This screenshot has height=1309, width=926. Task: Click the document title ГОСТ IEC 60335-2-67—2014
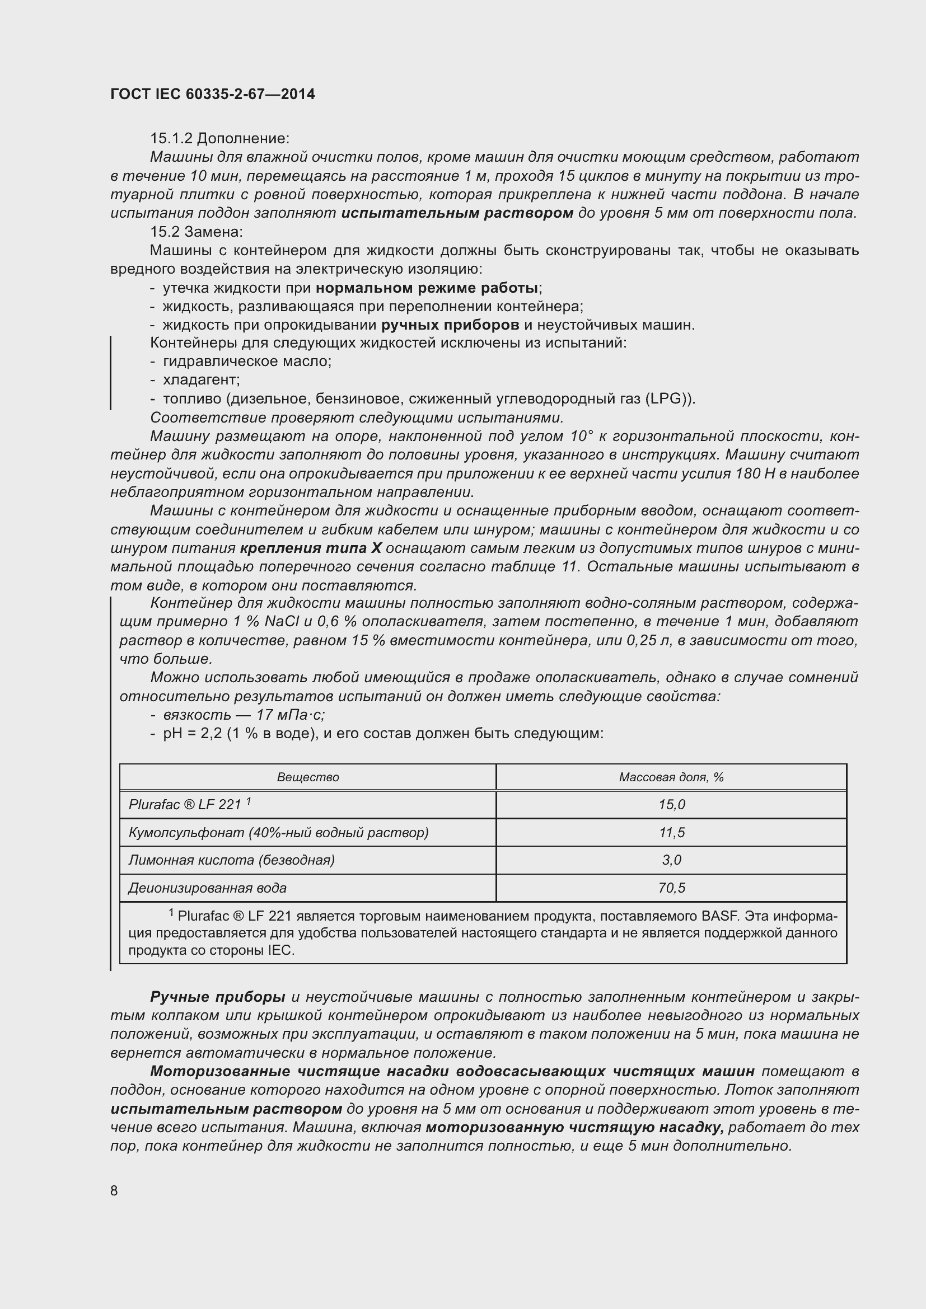tap(212, 94)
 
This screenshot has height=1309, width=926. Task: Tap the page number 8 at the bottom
tap(114, 1190)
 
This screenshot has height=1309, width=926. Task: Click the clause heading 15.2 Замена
tap(196, 232)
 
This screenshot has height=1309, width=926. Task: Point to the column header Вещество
tap(308, 778)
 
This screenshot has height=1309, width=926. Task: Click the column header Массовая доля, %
tap(671, 778)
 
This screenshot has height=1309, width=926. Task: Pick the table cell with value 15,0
tap(671, 805)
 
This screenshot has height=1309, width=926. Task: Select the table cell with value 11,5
tap(671, 833)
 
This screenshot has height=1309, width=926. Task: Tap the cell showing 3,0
tap(671, 860)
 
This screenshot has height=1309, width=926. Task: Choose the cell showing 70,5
tap(671, 888)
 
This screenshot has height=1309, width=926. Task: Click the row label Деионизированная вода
tap(207, 888)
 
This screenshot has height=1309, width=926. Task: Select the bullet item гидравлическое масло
tap(247, 362)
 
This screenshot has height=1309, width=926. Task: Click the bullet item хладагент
tap(202, 379)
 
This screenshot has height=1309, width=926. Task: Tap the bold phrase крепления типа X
tap(311, 548)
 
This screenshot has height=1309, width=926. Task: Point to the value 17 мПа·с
tap(290, 715)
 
